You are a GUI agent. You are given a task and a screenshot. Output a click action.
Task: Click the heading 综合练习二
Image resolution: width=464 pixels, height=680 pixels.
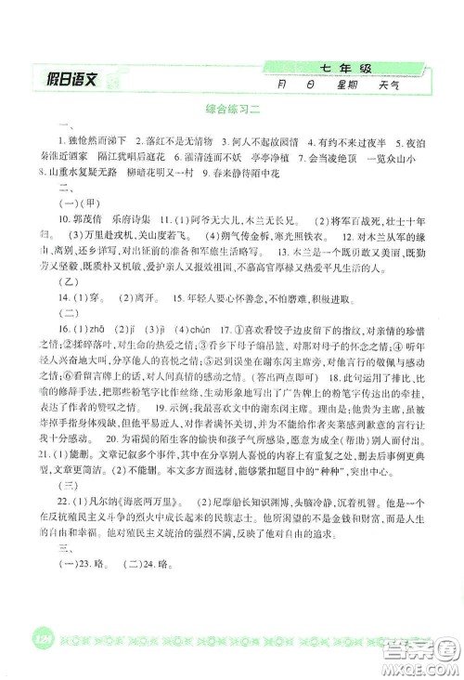tap(231, 109)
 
